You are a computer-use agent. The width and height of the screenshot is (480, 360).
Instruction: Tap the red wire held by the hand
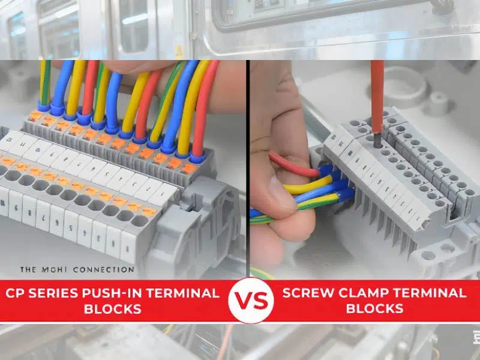(291, 165)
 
